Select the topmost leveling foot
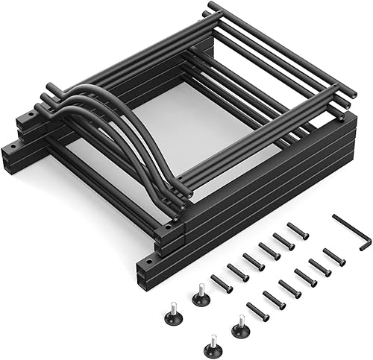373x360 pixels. (x=200, y=297)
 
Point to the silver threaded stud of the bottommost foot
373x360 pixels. (x=211, y=338)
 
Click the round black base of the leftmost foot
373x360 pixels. (x=172, y=318)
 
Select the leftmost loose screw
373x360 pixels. (x=221, y=282)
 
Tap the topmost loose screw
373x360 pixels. (x=298, y=231)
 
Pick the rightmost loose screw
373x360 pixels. (x=334, y=256)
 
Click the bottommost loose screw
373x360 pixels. (x=257, y=311)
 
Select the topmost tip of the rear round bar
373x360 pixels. (x=212, y=6)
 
